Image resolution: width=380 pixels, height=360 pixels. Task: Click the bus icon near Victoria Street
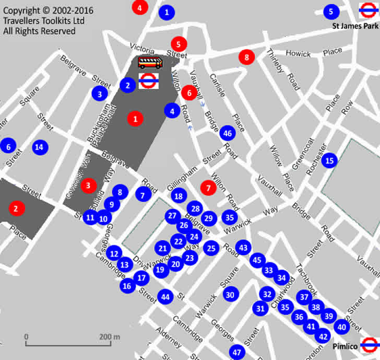150,63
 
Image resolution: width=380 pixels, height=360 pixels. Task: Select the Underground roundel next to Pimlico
370,345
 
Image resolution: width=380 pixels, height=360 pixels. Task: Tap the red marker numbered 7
208,188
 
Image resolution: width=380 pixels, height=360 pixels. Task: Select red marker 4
139,7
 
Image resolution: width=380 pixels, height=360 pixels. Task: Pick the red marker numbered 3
88,184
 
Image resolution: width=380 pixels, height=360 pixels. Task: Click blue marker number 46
227,133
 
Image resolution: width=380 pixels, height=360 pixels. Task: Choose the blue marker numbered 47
238,352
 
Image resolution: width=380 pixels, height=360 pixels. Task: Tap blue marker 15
329,160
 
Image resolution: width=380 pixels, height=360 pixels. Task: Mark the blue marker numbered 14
39,147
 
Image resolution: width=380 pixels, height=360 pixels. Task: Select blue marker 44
165,297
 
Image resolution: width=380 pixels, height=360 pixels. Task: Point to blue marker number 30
230,295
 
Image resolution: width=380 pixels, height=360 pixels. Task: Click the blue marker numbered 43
243,247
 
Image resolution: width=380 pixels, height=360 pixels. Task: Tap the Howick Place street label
314,52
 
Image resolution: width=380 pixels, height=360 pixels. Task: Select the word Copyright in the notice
21,10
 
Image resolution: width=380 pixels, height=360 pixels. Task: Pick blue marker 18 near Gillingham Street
179,196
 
